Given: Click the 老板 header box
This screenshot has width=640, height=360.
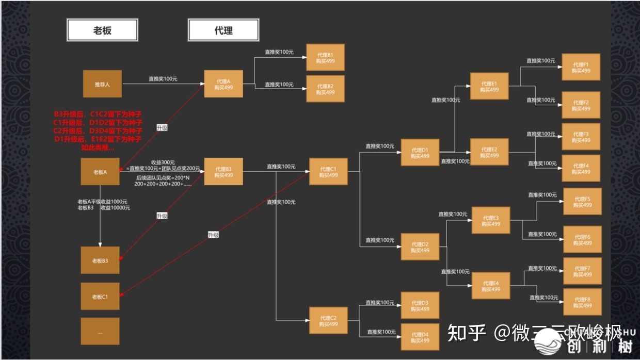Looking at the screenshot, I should pos(102,30).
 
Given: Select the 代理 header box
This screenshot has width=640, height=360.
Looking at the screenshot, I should pos(223,30).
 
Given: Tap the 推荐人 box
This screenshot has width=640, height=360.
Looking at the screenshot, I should pos(102,84).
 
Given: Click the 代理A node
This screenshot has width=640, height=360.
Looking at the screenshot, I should pos(223,84).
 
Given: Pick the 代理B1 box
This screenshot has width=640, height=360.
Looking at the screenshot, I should pos(325,57).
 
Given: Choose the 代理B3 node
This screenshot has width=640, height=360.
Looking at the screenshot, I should pos(223,172).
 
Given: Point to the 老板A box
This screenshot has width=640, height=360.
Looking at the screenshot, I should pos(100,172).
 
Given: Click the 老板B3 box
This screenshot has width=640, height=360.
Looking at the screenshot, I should pos(100,260).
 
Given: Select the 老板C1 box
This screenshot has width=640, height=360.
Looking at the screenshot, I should pos(100,297).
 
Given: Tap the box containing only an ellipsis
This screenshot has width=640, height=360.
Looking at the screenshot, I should pos(100,331).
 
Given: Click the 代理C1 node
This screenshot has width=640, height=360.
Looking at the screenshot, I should pos(328,172).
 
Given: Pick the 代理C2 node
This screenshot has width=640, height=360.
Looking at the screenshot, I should pos(328,320).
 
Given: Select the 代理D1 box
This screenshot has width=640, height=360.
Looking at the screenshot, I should pos(420,153).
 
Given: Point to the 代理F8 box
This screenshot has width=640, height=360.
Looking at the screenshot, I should pos(582,302).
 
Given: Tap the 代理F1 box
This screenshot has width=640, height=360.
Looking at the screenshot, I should pos(581,67).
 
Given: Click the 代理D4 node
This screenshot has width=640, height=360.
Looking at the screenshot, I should pos(420,337).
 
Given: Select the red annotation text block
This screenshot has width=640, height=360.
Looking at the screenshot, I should pos(98,130).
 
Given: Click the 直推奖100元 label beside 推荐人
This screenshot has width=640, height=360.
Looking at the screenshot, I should pos(163,79).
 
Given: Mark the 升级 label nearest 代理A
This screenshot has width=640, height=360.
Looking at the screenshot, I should pos(162,127).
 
